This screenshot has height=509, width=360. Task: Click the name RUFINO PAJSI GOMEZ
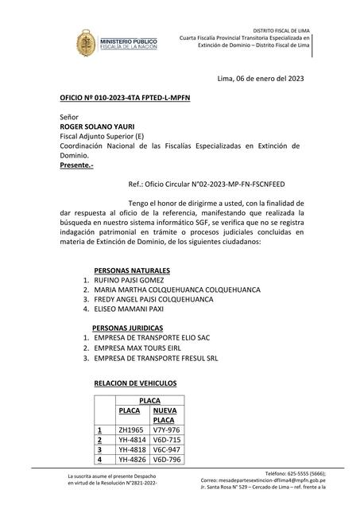(129, 281)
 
